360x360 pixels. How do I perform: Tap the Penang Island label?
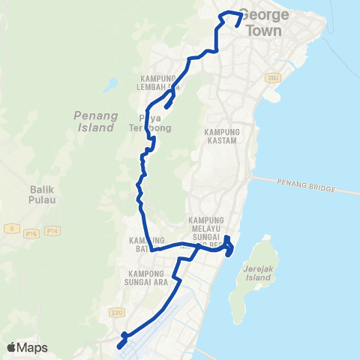click(94, 121)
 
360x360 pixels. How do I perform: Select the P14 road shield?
click(52, 232)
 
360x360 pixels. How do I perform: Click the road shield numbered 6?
click(10, 226)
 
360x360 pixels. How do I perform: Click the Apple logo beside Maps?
click(12, 347)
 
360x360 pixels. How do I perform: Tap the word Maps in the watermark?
click(32, 347)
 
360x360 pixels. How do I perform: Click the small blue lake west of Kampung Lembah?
click(112, 84)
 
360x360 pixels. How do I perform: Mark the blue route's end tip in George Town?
click(238, 25)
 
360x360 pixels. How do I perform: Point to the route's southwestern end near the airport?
click(119, 346)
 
